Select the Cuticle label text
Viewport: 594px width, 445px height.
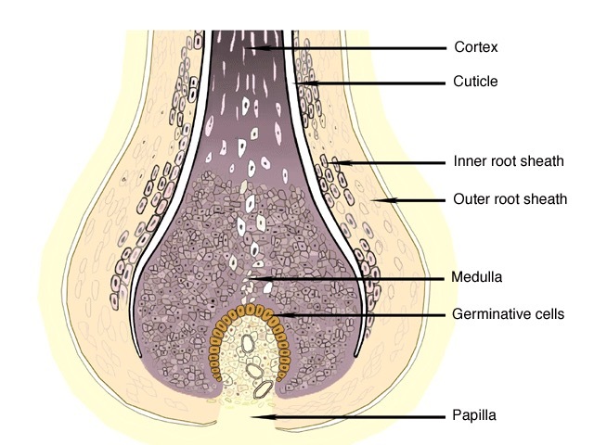(x=475, y=82)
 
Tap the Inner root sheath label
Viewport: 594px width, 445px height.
(x=509, y=161)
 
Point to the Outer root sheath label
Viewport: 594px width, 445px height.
(x=510, y=198)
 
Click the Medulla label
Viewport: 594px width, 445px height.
(x=476, y=276)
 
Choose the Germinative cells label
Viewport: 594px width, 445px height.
(x=508, y=314)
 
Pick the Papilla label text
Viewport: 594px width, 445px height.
(x=473, y=415)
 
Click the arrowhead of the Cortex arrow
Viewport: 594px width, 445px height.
(x=251, y=46)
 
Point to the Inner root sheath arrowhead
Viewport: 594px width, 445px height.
(x=338, y=162)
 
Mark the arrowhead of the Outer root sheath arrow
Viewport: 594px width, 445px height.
(x=376, y=199)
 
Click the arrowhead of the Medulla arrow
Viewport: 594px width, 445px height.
(x=253, y=277)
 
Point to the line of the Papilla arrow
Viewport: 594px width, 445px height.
(x=353, y=417)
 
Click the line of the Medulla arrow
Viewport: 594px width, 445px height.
(x=353, y=277)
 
